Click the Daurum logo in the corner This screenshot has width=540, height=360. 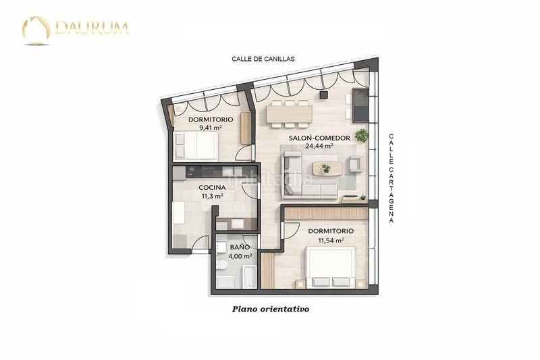[76, 30]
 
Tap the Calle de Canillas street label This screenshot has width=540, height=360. [263, 59]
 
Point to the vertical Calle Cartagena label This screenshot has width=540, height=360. [391, 178]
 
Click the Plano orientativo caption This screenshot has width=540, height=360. [271, 309]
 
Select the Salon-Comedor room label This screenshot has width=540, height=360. [319, 138]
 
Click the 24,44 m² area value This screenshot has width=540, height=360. [319, 145]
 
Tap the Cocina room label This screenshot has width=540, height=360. [212, 188]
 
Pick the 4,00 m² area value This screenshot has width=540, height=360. [240, 256]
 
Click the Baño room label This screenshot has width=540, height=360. [240, 247]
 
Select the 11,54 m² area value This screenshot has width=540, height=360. [331, 240]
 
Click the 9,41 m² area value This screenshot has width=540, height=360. [211, 128]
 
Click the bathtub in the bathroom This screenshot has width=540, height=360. [249, 277]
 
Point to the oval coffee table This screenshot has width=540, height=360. [327, 168]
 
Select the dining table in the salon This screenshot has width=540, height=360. [290, 114]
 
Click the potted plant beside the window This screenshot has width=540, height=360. [362, 135]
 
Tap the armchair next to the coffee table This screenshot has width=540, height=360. [356, 163]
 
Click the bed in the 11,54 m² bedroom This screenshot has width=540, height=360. [331, 267]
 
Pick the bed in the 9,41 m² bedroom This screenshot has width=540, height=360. [196, 145]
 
